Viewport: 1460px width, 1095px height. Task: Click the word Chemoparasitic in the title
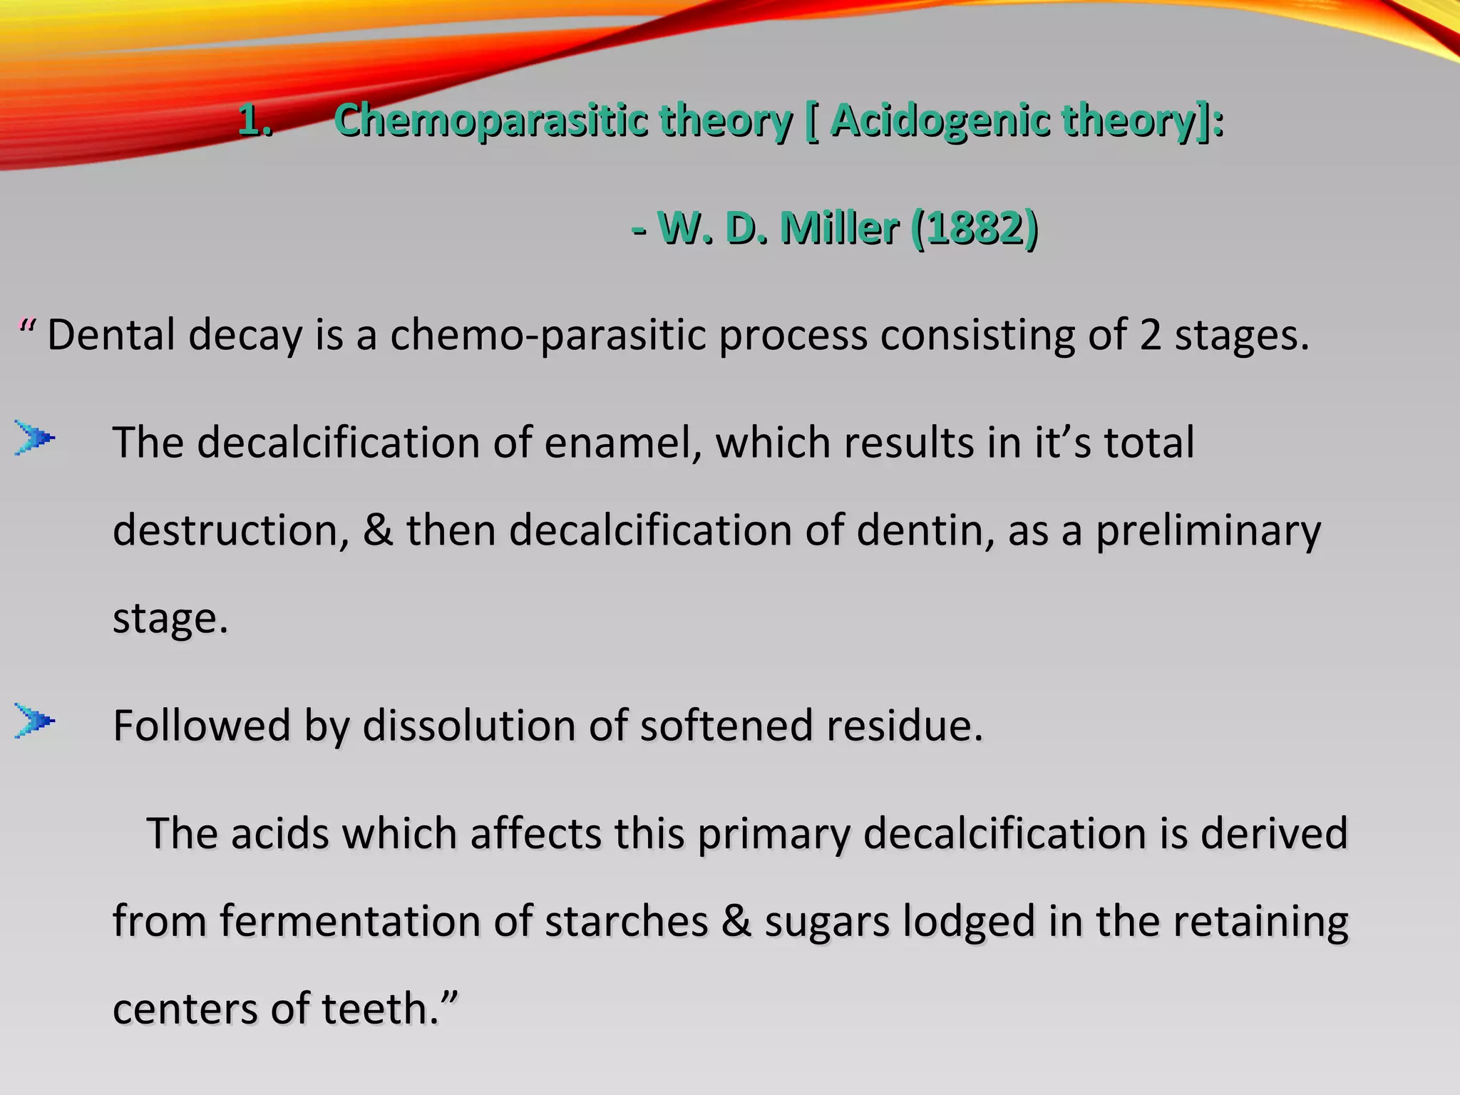coord(490,120)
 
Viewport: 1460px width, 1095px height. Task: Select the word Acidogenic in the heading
coord(939,120)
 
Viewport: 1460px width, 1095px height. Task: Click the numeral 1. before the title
coord(255,120)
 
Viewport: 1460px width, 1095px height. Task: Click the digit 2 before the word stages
coord(1150,334)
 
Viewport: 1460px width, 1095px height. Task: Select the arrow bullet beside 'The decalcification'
coord(34,438)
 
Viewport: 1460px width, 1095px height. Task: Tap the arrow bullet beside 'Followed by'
coord(34,721)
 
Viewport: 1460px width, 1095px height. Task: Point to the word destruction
coord(230,530)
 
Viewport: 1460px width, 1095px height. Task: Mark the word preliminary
coord(1208,532)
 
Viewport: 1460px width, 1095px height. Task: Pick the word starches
coord(627,921)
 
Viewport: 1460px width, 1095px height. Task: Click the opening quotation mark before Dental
coord(28,328)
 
